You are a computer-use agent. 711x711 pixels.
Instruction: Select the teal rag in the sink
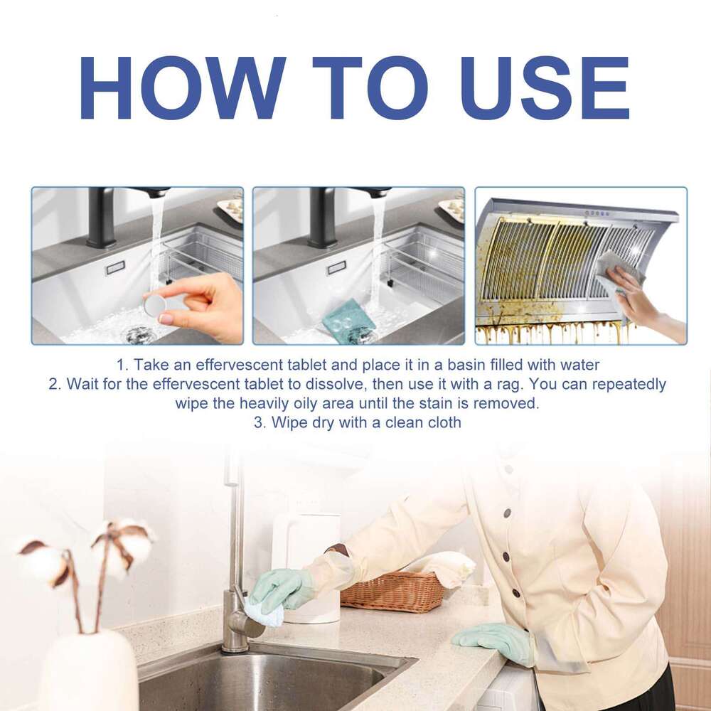tap(348, 321)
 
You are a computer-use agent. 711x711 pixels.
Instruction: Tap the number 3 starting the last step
tap(257, 422)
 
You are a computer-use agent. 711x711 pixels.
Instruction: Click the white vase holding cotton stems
tap(89, 672)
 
